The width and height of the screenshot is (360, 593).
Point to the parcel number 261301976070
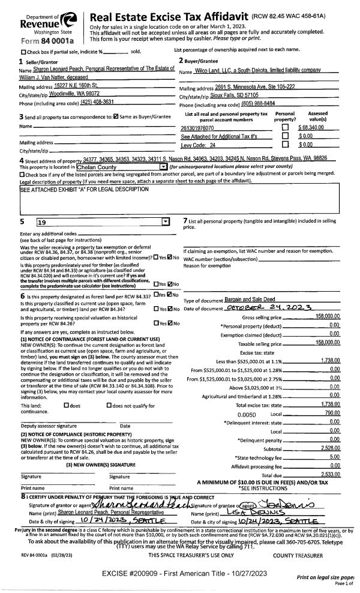197,128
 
